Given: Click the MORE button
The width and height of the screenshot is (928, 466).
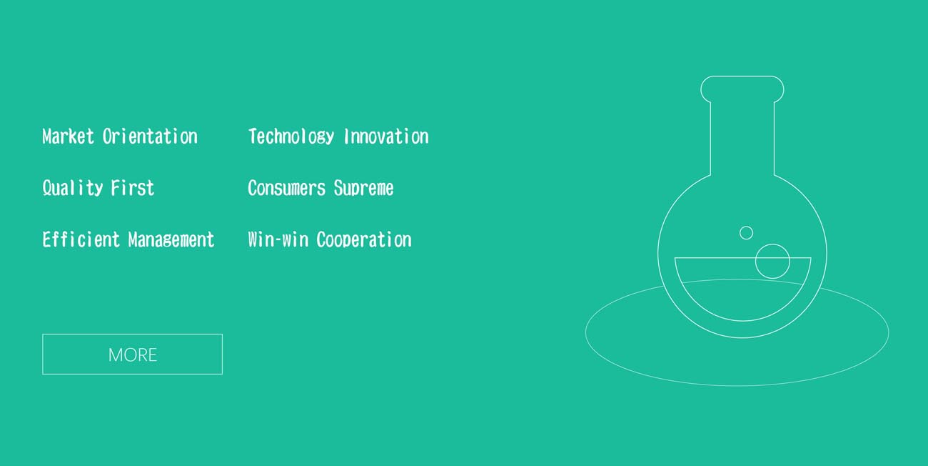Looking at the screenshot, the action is click(x=132, y=354).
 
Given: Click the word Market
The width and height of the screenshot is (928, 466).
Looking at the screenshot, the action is click(x=69, y=137).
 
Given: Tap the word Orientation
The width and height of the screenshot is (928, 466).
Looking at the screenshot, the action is click(x=150, y=137).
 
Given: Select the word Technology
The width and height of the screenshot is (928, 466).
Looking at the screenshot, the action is click(x=291, y=137).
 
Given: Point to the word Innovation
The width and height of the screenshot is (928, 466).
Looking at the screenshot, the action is click(x=386, y=137).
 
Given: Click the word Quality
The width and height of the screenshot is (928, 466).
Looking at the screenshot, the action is click(x=73, y=189).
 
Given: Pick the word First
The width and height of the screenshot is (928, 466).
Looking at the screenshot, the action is click(x=133, y=189).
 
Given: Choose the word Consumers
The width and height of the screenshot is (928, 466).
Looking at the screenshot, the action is click(x=287, y=189).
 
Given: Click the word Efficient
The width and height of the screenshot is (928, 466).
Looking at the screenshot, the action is click(x=81, y=239).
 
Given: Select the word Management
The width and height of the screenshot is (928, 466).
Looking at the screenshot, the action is click(x=171, y=240).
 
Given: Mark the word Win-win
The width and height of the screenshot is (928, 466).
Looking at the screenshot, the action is click(x=278, y=239).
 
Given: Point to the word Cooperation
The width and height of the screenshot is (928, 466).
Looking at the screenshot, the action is click(x=364, y=240).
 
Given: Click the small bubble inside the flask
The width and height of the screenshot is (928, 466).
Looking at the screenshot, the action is click(x=746, y=226).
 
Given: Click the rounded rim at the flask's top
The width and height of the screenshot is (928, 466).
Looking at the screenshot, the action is click(x=742, y=76).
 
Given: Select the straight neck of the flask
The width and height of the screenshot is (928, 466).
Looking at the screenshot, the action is click(x=711, y=139).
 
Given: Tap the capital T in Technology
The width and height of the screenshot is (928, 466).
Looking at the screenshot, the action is click(x=253, y=137).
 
